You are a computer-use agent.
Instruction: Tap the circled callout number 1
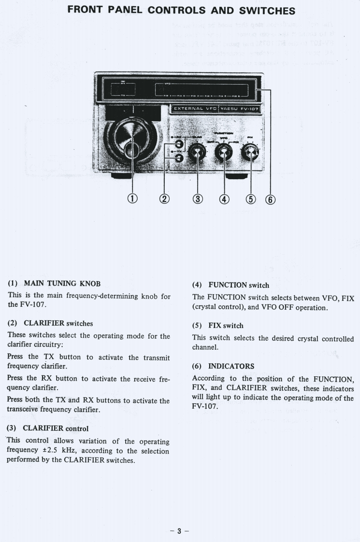click(x=132, y=198)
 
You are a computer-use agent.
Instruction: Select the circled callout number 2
click(x=165, y=198)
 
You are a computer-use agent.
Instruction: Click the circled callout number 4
click(x=225, y=198)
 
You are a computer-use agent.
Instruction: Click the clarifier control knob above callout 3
click(x=197, y=154)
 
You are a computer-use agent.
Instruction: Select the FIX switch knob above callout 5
click(x=250, y=153)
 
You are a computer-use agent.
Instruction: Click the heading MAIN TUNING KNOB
click(x=62, y=283)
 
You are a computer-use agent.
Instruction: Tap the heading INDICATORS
click(x=231, y=366)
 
